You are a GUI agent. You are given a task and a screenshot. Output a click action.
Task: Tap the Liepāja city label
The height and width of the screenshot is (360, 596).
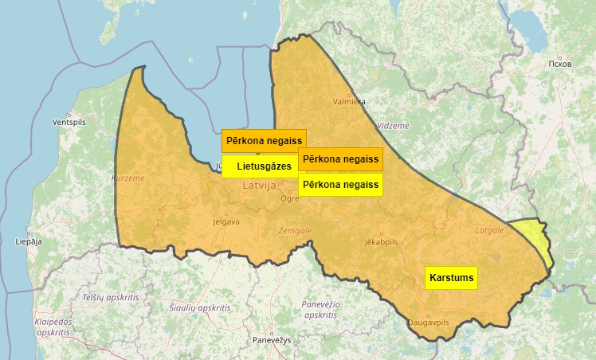coord(28,241)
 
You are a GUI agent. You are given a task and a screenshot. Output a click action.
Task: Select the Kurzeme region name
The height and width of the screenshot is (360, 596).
coord(128,178)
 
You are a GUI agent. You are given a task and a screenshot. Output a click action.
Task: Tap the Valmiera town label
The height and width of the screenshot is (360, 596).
coord(349,102)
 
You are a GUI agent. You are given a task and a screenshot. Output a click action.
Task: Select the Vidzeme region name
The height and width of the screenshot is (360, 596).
coord(392,126)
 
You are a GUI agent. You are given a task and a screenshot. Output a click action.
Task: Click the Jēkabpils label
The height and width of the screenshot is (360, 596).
coord(380,241)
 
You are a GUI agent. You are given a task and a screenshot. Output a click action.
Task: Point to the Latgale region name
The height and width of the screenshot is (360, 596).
coord(489,230)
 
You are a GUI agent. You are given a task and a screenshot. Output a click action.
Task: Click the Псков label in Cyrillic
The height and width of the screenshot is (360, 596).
coord(560,63)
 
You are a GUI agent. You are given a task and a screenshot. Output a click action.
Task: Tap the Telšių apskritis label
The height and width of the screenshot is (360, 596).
coord(111,296)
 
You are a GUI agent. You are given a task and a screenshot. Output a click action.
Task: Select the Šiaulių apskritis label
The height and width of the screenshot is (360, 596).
coord(200,307)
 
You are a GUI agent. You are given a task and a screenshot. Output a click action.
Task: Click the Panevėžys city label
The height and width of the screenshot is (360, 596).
coord(272,340)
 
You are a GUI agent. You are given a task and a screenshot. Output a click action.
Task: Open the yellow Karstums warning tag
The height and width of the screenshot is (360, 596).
coord(452,277)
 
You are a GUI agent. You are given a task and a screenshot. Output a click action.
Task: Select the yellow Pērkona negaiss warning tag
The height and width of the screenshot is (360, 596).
coord(340,184)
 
